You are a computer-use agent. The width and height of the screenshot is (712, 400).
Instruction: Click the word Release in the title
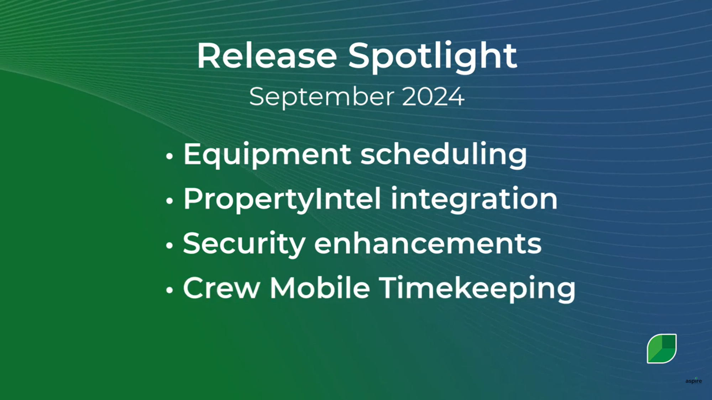click(267, 56)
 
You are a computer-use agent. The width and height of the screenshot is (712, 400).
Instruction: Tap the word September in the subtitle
click(322, 97)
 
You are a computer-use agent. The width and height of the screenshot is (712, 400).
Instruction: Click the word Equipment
click(267, 155)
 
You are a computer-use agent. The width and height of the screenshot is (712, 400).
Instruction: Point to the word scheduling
click(443, 155)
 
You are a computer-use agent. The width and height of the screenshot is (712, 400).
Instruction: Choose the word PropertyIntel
click(282, 199)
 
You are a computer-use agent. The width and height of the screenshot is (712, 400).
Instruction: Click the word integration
click(474, 199)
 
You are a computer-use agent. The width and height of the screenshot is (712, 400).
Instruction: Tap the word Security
click(244, 244)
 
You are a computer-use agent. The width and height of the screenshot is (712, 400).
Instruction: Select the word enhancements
click(428, 244)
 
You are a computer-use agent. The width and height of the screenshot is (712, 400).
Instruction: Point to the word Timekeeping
click(477, 289)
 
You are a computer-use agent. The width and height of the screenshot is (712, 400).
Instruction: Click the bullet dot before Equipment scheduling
click(169, 156)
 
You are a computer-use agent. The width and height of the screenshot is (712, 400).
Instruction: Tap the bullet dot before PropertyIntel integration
click(169, 201)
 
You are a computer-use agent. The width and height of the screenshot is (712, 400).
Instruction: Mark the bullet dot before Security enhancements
click(169, 245)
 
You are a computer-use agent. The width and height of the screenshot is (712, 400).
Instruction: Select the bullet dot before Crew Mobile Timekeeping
click(169, 290)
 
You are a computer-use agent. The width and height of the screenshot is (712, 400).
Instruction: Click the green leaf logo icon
click(661, 348)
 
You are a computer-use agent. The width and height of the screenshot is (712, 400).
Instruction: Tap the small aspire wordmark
click(693, 381)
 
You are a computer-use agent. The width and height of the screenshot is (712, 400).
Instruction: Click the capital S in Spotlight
click(359, 56)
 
